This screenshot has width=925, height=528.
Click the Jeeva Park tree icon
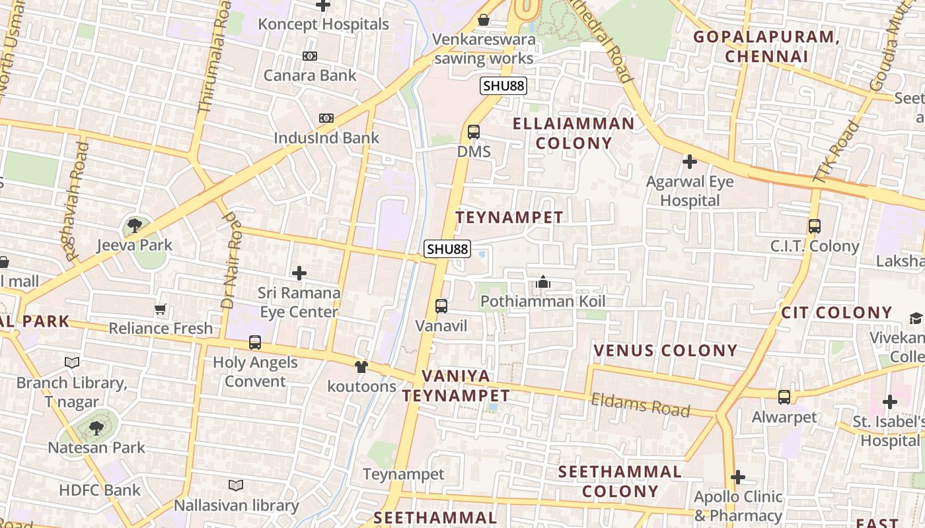coord(134,226)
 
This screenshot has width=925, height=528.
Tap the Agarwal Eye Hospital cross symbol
coord(690,161)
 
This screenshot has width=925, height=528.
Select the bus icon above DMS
coord(474,131)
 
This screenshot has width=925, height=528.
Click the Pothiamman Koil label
coord(542,302)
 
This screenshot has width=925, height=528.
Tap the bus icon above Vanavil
coord(441,306)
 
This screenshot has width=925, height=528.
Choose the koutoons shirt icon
coord(361,367)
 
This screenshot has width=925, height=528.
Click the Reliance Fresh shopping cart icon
coord(160,309)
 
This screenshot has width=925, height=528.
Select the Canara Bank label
coord(310,75)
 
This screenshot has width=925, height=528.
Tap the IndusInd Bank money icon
coord(326,118)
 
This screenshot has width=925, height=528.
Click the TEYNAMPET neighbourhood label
coord(509,217)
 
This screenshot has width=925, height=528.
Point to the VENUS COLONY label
coord(665,350)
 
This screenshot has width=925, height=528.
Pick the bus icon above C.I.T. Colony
coord(814,226)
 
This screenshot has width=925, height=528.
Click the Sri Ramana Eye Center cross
coord(299,273)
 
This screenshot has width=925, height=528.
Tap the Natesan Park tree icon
coord(96,428)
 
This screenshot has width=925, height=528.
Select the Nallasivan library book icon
coord(236,486)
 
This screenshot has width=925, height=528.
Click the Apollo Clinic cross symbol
coord(738,477)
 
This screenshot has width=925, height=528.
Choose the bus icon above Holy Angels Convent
coord(255,343)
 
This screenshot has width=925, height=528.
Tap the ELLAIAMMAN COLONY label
coord(573,133)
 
